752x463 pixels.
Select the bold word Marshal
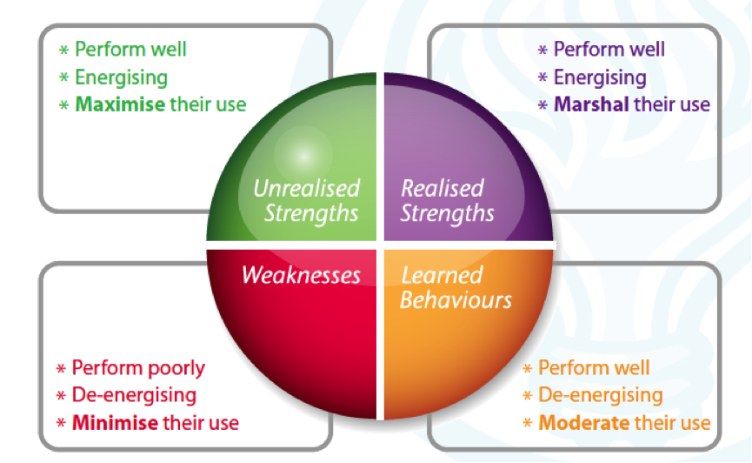click(x=591, y=104)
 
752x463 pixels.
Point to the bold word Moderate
click(x=582, y=424)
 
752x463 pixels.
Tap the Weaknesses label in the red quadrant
click(x=301, y=275)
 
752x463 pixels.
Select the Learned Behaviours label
click(x=456, y=288)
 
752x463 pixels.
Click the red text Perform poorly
click(x=138, y=368)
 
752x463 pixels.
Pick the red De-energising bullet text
click(x=134, y=395)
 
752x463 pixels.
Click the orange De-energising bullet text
click(x=600, y=396)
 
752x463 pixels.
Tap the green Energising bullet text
click(x=121, y=77)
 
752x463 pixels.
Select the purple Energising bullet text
click(x=600, y=77)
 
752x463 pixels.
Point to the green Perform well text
click(x=130, y=50)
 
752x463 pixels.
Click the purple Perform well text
click(x=609, y=50)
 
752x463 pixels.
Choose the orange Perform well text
click(x=594, y=368)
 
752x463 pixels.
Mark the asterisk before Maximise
click(x=63, y=105)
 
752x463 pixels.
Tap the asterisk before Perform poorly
click(x=61, y=369)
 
